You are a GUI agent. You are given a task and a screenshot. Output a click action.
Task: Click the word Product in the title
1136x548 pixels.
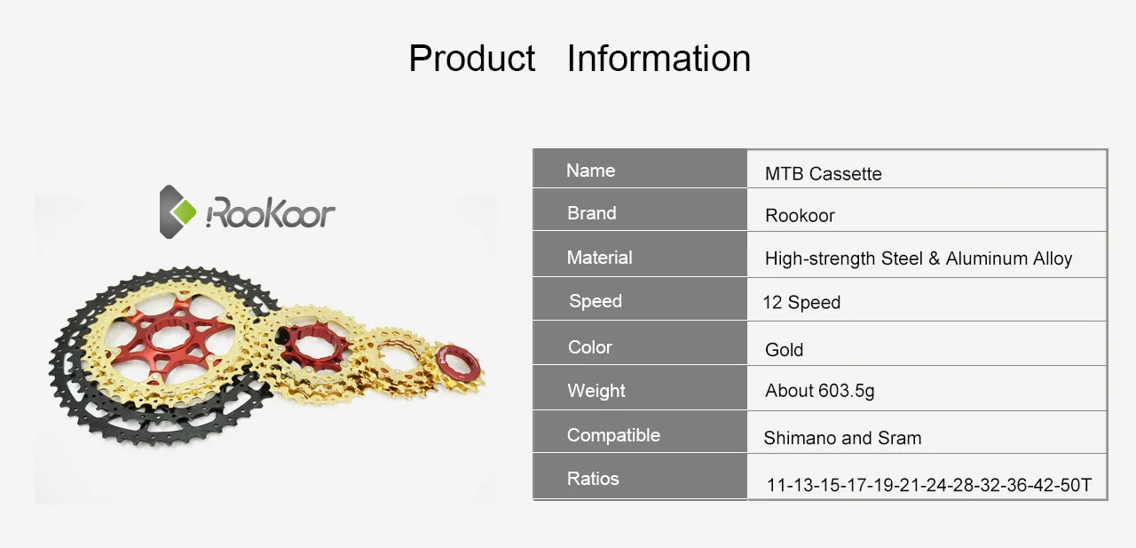tap(471, 59)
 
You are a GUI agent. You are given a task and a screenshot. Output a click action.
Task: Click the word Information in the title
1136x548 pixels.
tap(659, 59)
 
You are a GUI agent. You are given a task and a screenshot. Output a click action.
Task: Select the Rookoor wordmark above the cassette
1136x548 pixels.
tap(271, 212)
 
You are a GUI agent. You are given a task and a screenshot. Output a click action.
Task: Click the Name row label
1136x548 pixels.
tap(590, 171)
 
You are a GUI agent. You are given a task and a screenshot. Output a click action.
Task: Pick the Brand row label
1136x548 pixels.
tap(592, 213)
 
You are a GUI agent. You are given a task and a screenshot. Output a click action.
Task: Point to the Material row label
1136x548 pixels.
tap(599, 258)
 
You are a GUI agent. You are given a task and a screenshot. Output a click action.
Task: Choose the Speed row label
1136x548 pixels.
tap(596, 301)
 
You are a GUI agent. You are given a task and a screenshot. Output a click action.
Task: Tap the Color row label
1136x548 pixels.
tap(590, 347)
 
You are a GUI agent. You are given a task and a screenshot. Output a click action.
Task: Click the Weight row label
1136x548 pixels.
tap(596, 391)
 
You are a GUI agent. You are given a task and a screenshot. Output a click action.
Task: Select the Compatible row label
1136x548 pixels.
tap(613, 435)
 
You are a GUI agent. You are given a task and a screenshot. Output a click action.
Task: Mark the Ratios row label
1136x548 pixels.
tap(593, 479)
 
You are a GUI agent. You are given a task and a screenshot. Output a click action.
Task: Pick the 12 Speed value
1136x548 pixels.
tap(801, 302)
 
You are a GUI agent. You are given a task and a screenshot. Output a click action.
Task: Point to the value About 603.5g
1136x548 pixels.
tap(819, 391)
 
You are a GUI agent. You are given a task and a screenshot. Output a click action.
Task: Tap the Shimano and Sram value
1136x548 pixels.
tap(842, 438)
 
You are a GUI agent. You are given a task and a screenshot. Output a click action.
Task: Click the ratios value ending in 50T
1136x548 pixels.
tap(928, 485)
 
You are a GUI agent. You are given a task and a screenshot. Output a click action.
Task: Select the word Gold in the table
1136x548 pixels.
tap(784, 350)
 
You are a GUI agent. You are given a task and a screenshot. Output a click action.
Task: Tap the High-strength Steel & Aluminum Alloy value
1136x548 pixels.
tap(919, 258)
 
